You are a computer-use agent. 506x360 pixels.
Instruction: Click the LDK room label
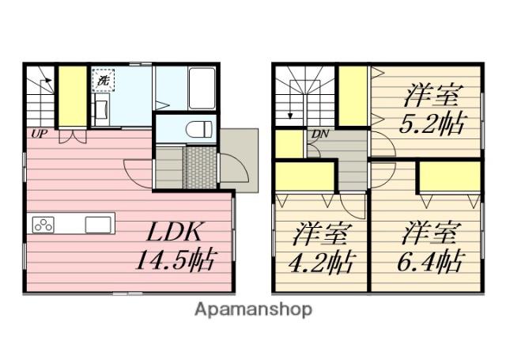pos(175,232)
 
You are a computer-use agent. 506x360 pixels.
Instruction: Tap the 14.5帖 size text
pos(175,260)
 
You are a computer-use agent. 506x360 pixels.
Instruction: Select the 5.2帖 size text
pos(433,123)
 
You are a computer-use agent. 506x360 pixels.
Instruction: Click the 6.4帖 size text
pos(430,261)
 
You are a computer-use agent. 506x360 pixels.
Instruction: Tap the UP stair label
pos(39,134)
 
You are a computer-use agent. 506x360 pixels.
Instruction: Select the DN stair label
pos(319,134)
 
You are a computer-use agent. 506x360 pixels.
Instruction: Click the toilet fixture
pos(198,130)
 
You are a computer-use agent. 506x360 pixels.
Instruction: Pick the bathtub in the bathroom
pos(202,88)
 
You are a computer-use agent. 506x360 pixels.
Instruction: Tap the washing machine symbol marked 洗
pos(103,80)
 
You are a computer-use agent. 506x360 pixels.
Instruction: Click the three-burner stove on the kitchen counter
pos(43,225)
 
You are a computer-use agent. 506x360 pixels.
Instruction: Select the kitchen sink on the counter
pos(98,225)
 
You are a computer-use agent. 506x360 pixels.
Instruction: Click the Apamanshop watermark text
pos(253,309)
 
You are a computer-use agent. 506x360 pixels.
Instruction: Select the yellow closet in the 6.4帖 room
pos(450,177)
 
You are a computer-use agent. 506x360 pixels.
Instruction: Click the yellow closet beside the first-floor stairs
pos(72,97)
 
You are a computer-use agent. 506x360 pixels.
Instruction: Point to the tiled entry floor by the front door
pos(199,168)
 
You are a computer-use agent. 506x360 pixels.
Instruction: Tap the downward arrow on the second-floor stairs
pos(290,100)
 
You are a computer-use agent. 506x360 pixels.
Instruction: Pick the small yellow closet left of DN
pos(289,144)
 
